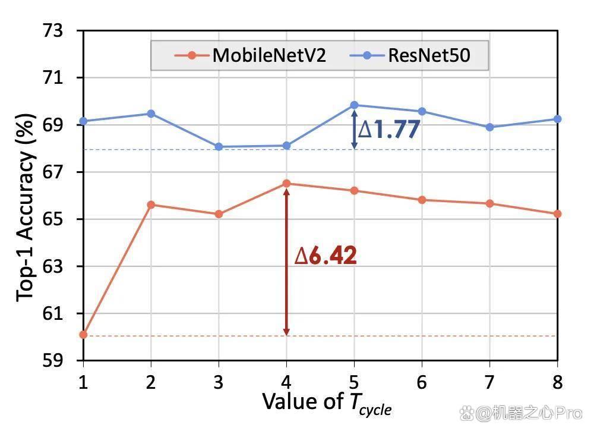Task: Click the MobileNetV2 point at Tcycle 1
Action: click(83, 335)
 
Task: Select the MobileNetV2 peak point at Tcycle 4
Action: click(286, 184)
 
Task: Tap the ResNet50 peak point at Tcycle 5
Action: click(354, 105)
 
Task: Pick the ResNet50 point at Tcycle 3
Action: click(219, 147)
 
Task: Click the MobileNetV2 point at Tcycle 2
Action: click(151, 205)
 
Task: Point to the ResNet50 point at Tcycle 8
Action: click(557, 119)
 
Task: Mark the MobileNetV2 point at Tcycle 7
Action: click(490, 203)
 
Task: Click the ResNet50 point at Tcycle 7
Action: click(490, 127)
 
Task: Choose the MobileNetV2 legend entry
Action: click(250, 55)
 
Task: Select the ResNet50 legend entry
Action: click(410, 55)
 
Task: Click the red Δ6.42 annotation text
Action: click(326, 256)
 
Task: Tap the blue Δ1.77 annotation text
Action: click(389, 129)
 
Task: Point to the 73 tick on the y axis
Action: click(53, 31)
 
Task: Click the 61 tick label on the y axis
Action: click(53, 313)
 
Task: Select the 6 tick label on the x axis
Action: click(422, 382)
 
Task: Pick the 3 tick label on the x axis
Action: click(219, 382)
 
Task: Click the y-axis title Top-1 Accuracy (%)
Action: click(26, 207)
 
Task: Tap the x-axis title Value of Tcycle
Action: click(327, 403)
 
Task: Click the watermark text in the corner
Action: click(521, 413)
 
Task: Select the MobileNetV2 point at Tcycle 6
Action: click(422, 200)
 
